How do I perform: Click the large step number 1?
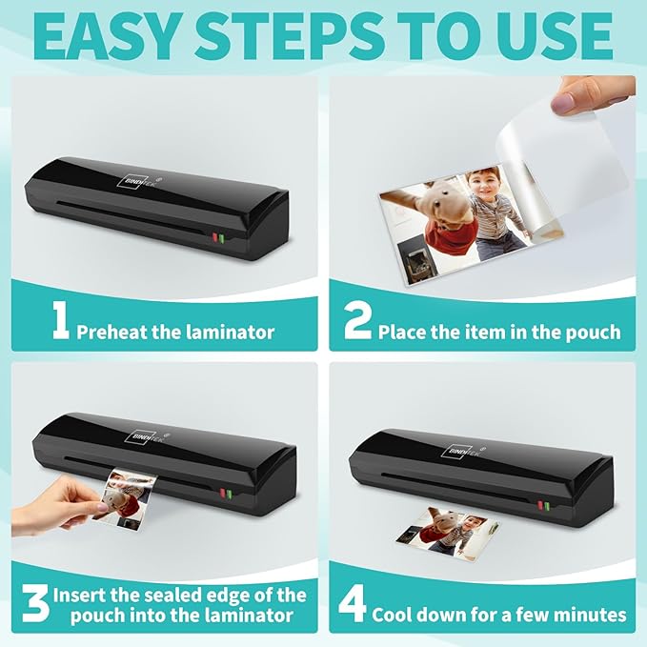61,320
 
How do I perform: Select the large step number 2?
357,320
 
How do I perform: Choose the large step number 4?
352,604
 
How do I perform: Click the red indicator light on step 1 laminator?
215,237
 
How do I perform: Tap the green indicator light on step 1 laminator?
221,239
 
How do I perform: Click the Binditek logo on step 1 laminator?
142,181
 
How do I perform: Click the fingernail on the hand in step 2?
562,102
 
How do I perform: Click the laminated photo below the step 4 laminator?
447,531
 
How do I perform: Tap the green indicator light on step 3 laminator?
229,494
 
